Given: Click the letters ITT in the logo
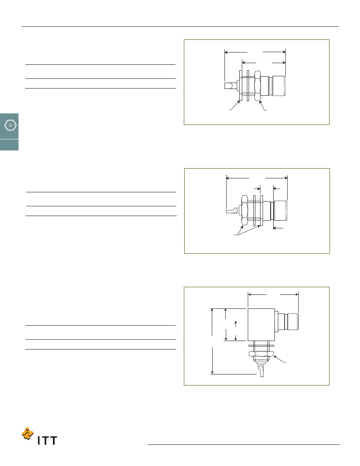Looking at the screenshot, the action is coord(47,441).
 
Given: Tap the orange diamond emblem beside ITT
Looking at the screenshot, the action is coord(28,434).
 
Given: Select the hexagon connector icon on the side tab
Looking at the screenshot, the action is coord(11,125).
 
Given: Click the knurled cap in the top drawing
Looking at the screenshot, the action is coord(279,86).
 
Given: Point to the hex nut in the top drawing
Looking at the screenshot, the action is coord(258,86).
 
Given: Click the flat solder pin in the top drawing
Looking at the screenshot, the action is coord(230,86).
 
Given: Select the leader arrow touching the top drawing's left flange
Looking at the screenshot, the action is coord(235,105).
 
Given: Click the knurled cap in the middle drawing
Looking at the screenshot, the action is coord(280,211).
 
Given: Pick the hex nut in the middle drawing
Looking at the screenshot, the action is coord(245,210).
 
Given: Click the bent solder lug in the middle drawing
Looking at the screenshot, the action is coord(233,211).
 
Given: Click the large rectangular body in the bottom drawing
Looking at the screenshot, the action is coord(261,325).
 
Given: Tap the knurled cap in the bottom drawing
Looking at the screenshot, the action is coord(291,321).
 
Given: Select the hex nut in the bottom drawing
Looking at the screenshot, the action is coord(261,353).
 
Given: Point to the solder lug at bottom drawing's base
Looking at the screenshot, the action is coord(261,370).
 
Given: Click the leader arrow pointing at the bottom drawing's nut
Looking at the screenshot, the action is coord(280,359).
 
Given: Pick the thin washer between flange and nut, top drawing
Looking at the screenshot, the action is coord(248,86).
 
